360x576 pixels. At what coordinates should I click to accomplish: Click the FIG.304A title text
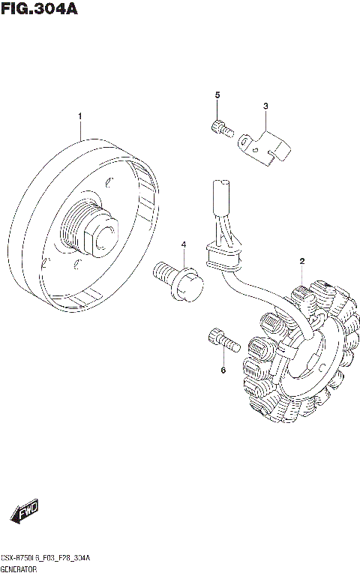coord(39,9)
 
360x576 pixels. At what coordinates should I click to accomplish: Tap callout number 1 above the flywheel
coord(80,116)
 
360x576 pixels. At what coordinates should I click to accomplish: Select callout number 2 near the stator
coord(301,261)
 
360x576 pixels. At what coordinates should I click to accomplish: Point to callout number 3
coord(265,107)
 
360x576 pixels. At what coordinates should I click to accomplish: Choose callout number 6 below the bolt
coord(223,370)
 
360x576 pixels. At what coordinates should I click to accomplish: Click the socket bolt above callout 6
coord(221,341)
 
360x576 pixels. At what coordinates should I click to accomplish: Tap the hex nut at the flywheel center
coord(102,237)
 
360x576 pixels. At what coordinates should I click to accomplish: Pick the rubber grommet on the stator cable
coord(223,258)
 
